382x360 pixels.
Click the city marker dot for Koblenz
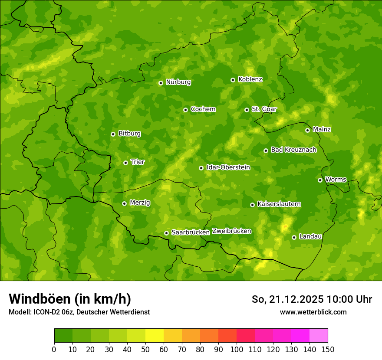pyautogui.click(x=233, y=80)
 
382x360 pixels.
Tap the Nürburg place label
pyautogui.click(x=178, y=82)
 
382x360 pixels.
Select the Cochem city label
pyautogui.click(x=203, y=109)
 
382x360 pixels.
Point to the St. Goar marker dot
pyautogui.click(x=247, y=110)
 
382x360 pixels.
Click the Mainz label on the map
pyautogui.click(x=322, y=129)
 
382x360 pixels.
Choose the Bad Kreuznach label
pyautogui.click(x=293, y=150)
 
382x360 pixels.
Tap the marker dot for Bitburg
pyautogui.click(x=113, y=134)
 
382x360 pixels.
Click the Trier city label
pyautogui.click(x=138, y=162)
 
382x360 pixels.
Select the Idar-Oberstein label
pyautogui.click(x=228, y=167)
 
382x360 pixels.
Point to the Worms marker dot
pyautogui.click(x=320, y=180)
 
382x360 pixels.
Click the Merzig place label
pyautogui.click(x=140, y=203)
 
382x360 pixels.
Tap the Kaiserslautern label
pyautogui.click(x=279, y=204)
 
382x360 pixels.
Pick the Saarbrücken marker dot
pyautogui.click(x=166, y=233)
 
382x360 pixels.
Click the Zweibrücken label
pyautogui.click(x=231, y=231)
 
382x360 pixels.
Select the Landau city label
pyautogui.click(x=310, y=236)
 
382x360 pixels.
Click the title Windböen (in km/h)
pyautogui.click(x=70, y=299)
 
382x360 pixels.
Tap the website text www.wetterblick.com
pyautogui.click(x=313, y=312)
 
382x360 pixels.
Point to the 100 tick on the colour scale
pyautogui.click(x=237, y=349)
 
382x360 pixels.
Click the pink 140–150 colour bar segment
pyautogui.click(x=319, y=336)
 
